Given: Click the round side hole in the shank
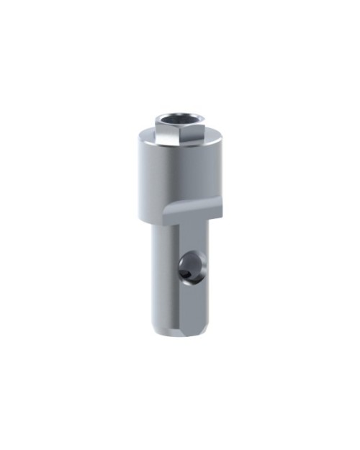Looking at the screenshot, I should [191, 266].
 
